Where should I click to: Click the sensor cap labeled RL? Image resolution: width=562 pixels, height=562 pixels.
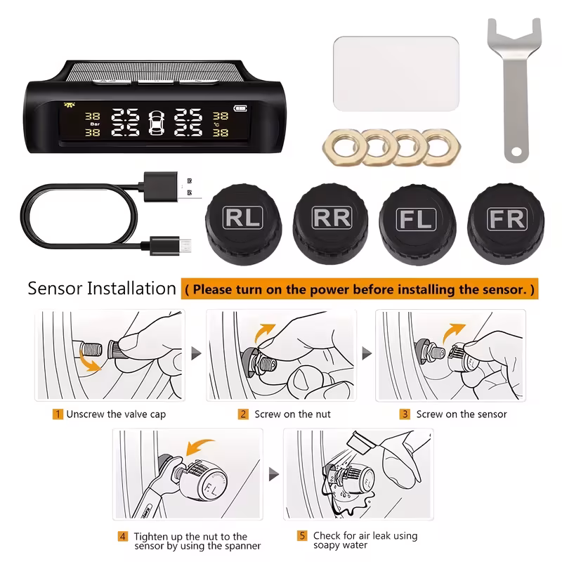[243, 224]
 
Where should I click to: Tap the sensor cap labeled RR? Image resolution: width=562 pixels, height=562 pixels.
[330, 223]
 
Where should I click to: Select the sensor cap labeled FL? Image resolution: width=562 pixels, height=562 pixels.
[417, 225]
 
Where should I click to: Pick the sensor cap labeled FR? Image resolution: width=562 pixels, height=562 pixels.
[506, 224]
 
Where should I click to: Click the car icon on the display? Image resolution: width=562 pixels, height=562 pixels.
[156, 123]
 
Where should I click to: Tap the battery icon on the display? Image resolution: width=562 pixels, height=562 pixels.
[240, 108]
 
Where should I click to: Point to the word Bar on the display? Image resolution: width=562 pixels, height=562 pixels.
[95, 124]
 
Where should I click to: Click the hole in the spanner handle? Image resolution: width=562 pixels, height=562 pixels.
[516, 152]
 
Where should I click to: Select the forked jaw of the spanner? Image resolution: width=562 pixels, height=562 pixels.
[514, 36]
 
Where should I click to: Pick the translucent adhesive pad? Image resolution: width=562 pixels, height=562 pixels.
[396, 74]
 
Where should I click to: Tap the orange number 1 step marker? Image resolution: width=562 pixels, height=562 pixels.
[58, 414]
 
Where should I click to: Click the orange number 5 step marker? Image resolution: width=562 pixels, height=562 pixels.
[302, 536]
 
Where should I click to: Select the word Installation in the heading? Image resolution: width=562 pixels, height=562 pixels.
[131, 289]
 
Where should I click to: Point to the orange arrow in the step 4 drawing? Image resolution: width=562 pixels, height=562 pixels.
[200, 446]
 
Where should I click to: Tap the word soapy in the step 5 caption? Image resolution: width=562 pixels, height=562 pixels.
[325, 546]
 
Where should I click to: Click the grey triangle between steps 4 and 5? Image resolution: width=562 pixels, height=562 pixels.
[274, 474]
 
